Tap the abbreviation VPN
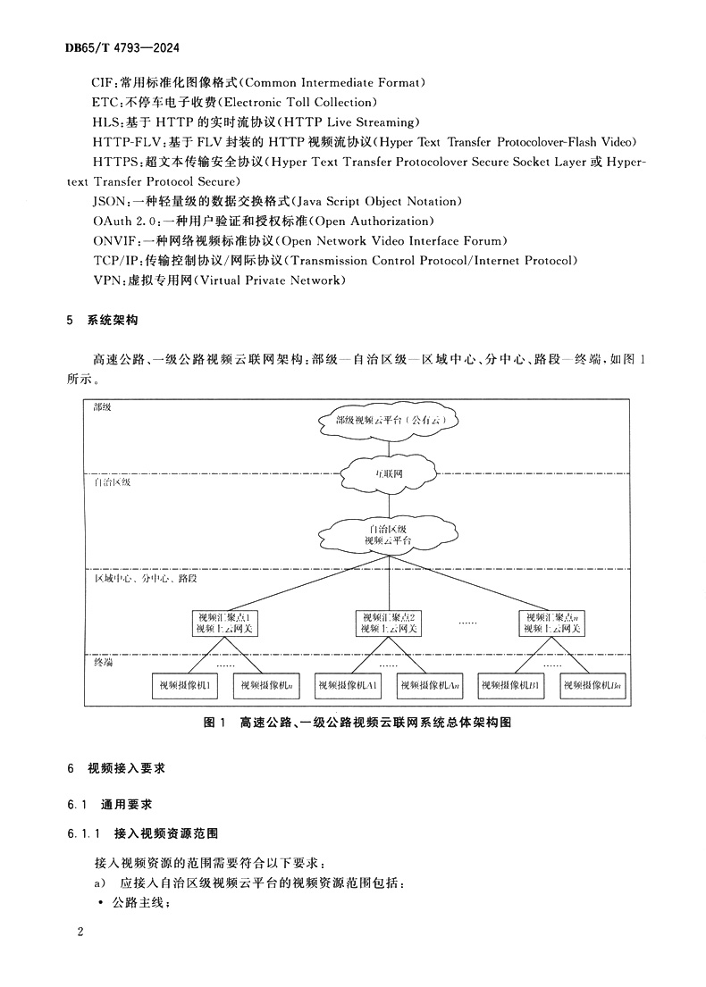click(x=106, y=280)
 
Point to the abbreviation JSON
click(x=108, y=201)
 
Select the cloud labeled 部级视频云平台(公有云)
click(x=389, y=420)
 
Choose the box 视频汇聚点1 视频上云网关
click(x=224, y=623)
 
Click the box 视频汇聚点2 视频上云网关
click(x=389, y=623)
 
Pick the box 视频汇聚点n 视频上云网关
click(x=553, y=623)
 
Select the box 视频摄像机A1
click(x=349, y=685)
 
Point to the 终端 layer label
click(x=104, y=664)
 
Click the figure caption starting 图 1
click(x=357, y=723)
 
